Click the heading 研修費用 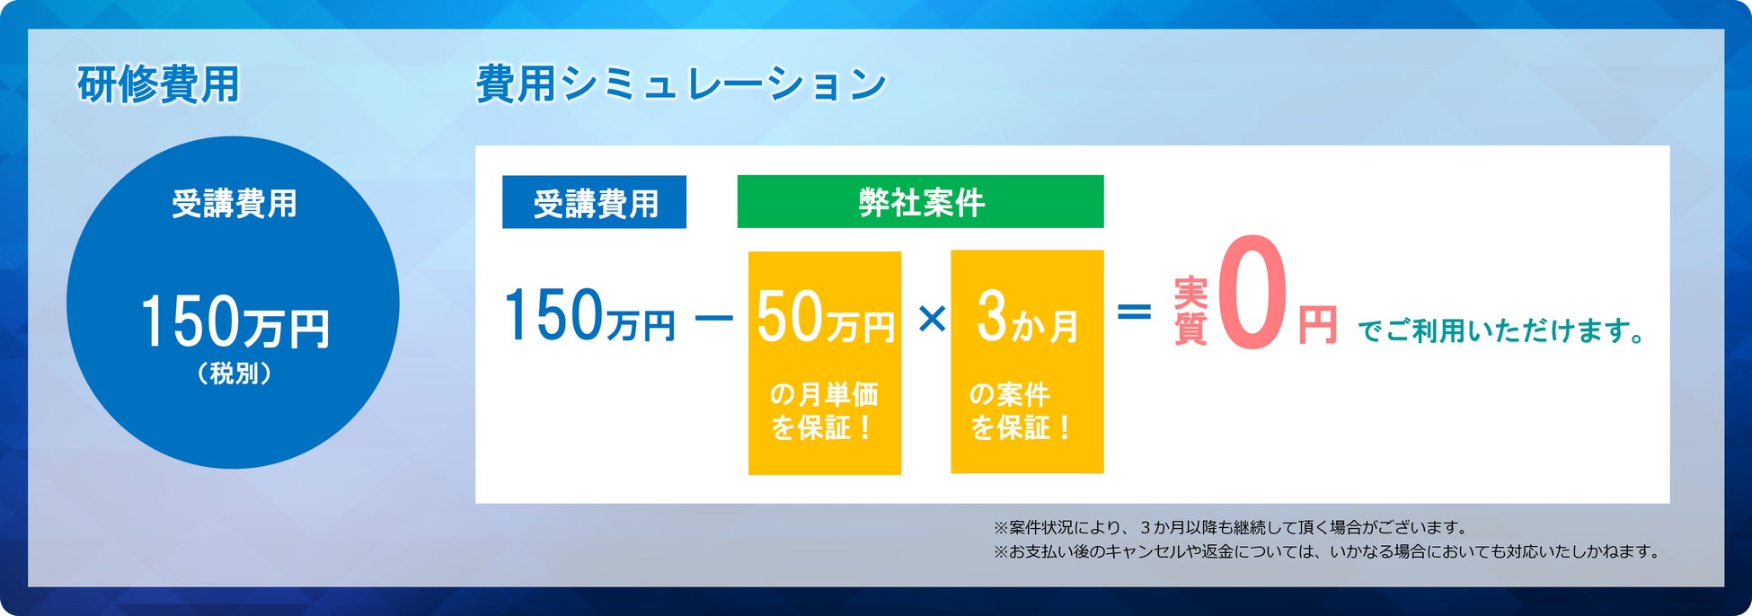coord(158,85)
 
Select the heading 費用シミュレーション coord(681,85)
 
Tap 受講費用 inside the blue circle coord(234,204)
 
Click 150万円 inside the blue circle coord(234,321)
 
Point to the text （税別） coord(234,373)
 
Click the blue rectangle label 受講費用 coord(594,202)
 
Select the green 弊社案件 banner coord(920,201)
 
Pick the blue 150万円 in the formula coord(589,315)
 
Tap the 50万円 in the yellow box coord(825,317)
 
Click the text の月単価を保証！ coord(824,410)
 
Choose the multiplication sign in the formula coord(933,318)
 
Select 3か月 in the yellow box coord(1027,317)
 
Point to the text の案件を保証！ coord(1019,410)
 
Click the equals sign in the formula coord(1134,312)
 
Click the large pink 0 coord(1252,293)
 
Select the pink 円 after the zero coord(1317,325)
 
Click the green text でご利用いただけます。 coord(1501,330)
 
